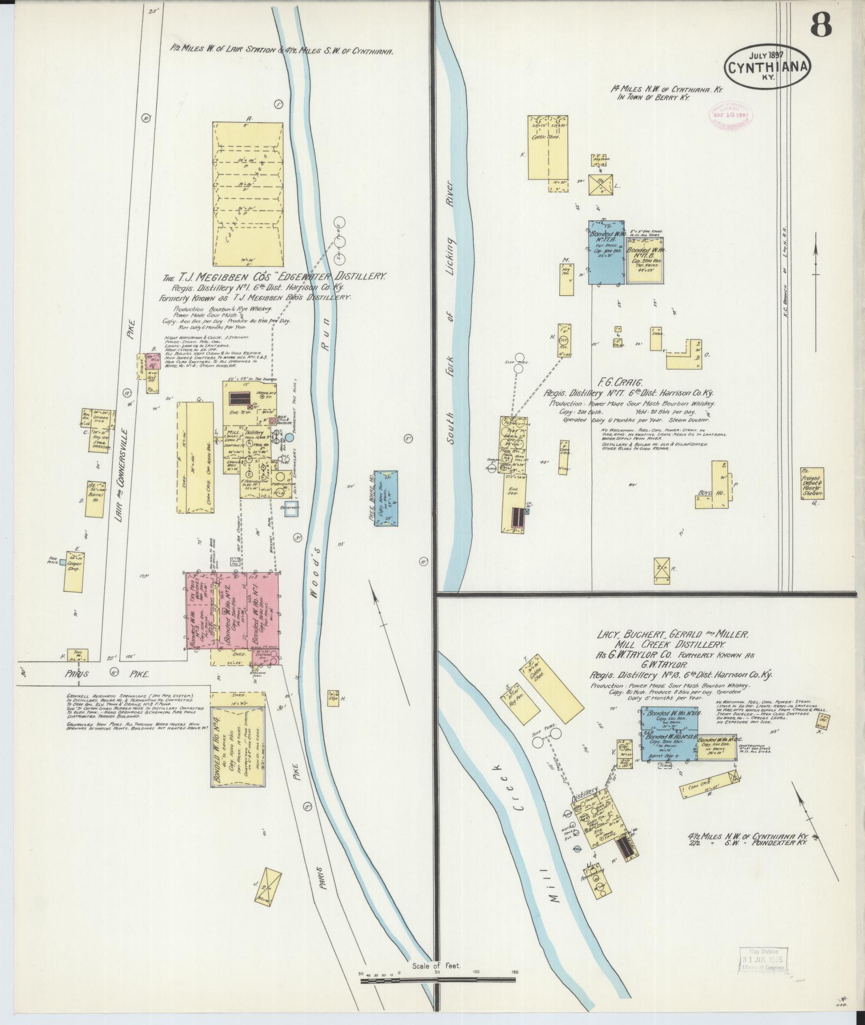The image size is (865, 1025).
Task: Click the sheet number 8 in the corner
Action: click(x=820, y=24)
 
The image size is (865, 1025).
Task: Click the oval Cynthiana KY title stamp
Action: click(x=767, y=66)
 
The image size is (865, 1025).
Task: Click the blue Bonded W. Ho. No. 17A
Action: click(x=607, y=252)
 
